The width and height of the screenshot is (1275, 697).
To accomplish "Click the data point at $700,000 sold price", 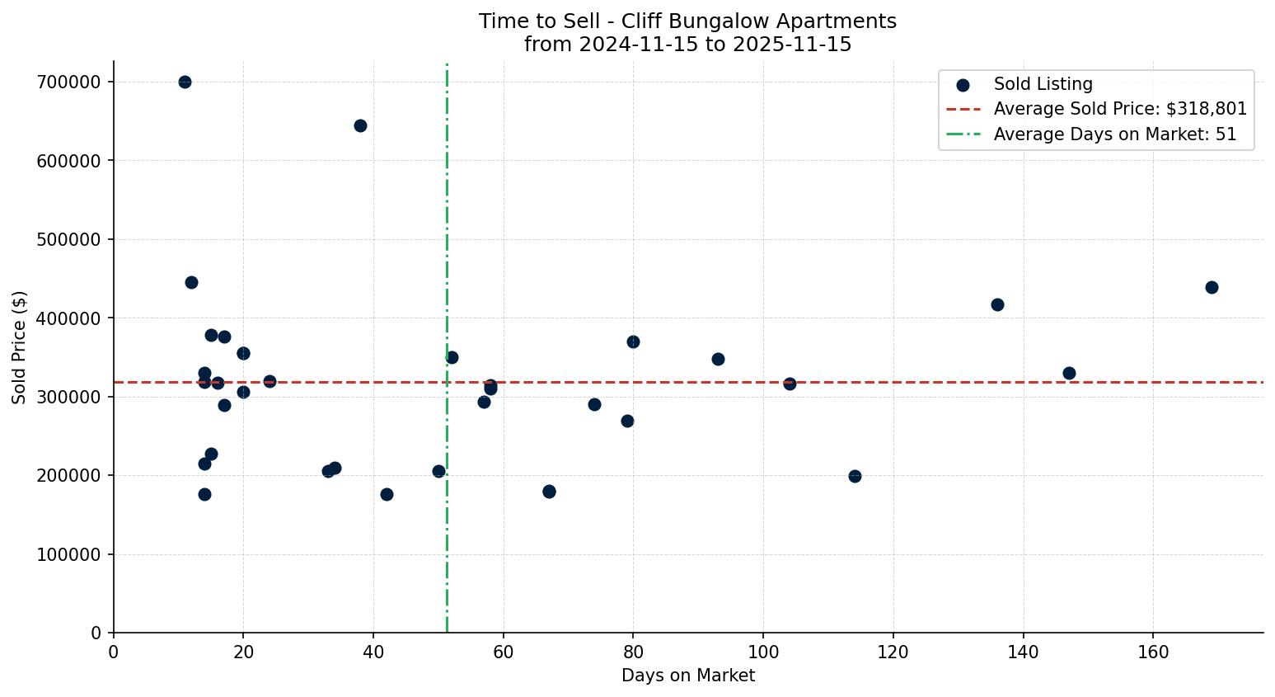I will tap(185, 82).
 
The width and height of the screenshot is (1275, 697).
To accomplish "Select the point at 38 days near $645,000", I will tap(360, 125).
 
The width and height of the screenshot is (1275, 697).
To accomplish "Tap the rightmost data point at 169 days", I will tap(1212, 287).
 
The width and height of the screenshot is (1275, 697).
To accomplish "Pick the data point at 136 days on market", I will tap(997, 304).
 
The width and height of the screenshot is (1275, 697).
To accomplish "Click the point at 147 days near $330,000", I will tap(1069, 373).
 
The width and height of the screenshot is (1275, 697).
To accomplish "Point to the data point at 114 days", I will tap(855, 476).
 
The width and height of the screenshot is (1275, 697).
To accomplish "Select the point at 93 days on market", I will tap(718, 359).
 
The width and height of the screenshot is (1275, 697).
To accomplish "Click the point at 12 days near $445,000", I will tap(191, 282).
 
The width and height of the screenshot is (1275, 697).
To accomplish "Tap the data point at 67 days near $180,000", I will tap(549, 492).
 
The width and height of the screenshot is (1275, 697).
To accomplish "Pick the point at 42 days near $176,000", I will tap(387, 494).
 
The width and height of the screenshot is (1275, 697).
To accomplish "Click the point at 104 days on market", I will tap(790, 384).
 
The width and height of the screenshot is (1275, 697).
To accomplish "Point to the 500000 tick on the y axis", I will tap(69, 239).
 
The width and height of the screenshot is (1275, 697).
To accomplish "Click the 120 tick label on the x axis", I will tap(893, 652).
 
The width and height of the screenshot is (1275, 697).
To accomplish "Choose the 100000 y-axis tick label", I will tap(69, 554).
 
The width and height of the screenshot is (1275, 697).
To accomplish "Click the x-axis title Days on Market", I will tap(687, 676).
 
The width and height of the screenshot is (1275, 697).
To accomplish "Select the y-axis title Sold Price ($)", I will tap(20, 346).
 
